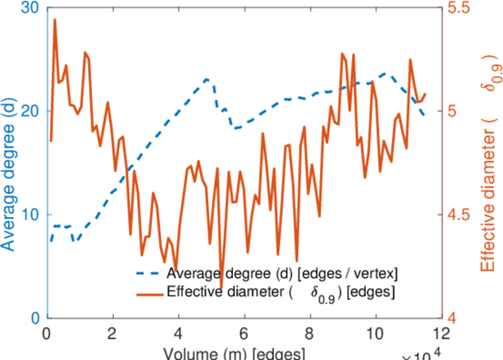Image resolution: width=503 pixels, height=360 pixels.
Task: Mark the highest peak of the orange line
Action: [55, 19]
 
